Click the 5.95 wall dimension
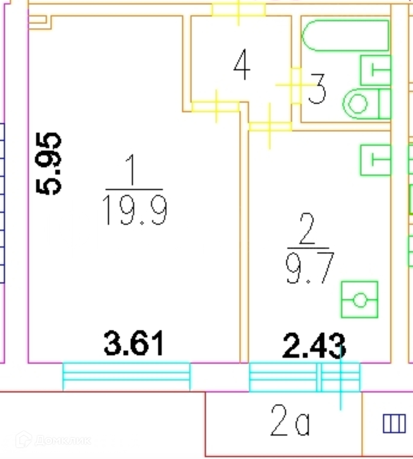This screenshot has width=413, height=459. (x=48, y=164)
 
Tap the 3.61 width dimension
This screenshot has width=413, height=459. (x=134, y=343)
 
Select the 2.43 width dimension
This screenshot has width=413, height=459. (x=314, y=346)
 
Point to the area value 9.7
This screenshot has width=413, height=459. (x=310, y=268)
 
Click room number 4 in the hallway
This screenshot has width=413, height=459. (x=242, y=64)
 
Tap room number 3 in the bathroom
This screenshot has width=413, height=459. (x=317, y=89)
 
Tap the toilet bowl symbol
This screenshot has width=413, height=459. (x=367, y=104)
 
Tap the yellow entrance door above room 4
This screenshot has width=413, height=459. (x=238, y=10)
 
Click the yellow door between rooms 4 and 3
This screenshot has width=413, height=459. (x=296, y=85)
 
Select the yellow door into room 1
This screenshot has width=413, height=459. (x=216, y=107)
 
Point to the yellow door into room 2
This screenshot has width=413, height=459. (x=270, y=126)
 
